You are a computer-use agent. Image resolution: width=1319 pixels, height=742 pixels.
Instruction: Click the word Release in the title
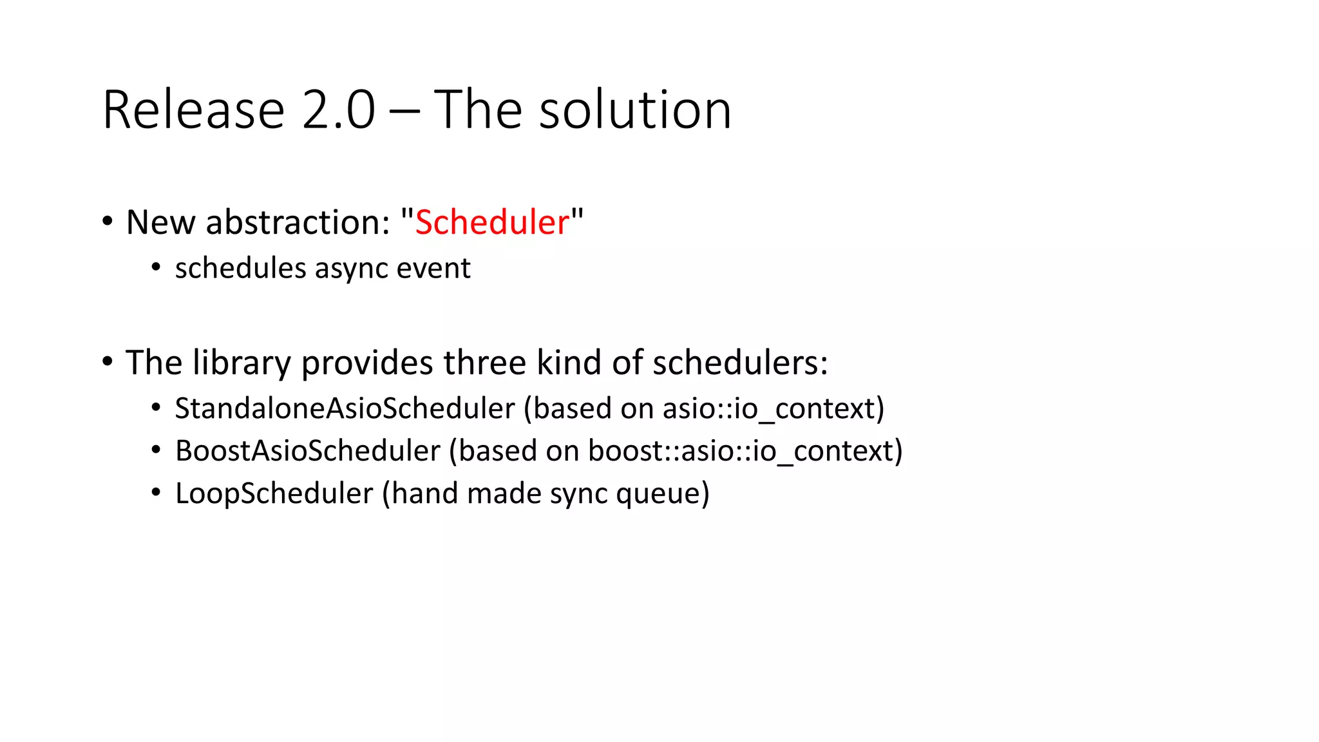click(193, 110)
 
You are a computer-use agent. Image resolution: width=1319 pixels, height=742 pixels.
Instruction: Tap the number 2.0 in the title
click(338, 110)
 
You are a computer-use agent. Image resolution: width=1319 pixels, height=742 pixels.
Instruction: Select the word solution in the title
click(635, 110)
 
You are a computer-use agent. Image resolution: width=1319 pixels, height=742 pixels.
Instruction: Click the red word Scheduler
click(492, 223)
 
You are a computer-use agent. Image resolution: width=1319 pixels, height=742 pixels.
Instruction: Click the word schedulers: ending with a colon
click(740, 363)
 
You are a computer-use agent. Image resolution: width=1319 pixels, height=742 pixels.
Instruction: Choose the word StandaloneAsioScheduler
click(345, 408)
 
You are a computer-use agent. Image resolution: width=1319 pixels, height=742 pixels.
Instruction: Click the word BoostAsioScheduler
click(308, 451)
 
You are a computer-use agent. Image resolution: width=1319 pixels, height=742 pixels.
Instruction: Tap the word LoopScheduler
click(274, 493)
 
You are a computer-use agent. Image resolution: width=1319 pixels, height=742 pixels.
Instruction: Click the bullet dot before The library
click(108, 362)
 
